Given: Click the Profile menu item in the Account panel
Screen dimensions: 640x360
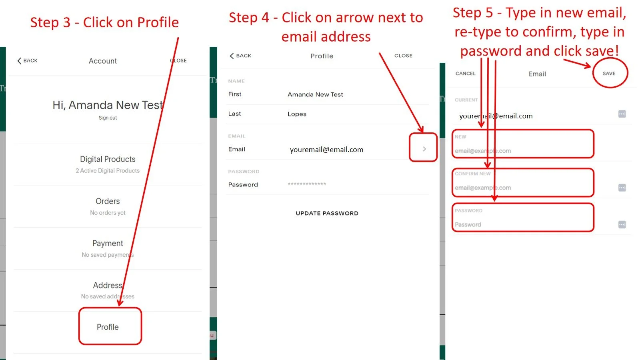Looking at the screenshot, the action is point(108,327).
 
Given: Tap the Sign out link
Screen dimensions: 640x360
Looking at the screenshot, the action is point(108,118).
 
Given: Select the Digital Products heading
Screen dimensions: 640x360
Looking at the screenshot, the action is point(108,159).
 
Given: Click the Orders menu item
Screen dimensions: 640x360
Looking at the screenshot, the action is point(108,201).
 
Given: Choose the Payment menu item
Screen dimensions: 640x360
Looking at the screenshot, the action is point(108,243).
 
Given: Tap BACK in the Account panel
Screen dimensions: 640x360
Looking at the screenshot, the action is point(27,61).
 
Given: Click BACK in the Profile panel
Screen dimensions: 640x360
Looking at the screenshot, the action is point(240,56).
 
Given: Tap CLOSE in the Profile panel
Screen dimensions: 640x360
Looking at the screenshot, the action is point(403,56).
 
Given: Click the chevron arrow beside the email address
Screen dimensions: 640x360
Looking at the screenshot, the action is point(424,149).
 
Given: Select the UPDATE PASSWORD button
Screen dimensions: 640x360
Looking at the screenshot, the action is point(327,213).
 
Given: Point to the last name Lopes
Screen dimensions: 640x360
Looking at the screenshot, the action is point(297,114).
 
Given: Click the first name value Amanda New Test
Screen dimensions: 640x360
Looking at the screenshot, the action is point(315,94).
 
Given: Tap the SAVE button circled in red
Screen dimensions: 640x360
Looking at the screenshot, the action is point(609,74).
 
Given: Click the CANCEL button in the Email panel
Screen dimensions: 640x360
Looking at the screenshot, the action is point(465,74).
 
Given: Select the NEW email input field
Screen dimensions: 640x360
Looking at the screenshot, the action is point(522,150).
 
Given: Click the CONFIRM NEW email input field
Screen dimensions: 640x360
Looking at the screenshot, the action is point(522,187).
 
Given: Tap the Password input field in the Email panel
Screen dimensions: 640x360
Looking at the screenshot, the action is point(522,224).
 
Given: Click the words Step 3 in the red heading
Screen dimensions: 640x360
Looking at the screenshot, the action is point(50,23).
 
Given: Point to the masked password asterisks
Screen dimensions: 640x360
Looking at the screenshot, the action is point(307,184).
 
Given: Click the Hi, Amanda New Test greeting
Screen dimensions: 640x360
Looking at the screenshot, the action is point(108,105).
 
